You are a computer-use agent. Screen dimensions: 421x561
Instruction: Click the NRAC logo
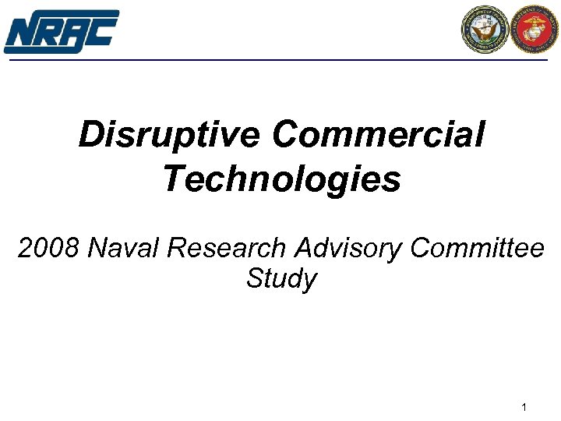tap(61, 31)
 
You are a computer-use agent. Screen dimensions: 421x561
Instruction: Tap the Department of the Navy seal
tap(485, 30)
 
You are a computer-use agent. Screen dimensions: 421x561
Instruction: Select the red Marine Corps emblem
tap(535, 30)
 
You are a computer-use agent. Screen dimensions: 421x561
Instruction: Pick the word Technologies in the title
tap(281, 179)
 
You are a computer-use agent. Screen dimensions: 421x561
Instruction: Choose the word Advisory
tap(348, 249)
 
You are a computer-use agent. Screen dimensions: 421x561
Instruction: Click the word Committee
tap(477, 249)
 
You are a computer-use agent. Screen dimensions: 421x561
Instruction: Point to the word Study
tap(281, 278)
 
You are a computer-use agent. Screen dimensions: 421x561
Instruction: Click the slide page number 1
tap(524, 408)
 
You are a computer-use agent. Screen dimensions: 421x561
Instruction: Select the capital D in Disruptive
tap(92, 136)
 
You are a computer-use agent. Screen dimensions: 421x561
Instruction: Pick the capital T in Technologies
tap(173, 179)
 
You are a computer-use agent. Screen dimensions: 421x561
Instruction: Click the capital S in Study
tap(255, 278)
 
